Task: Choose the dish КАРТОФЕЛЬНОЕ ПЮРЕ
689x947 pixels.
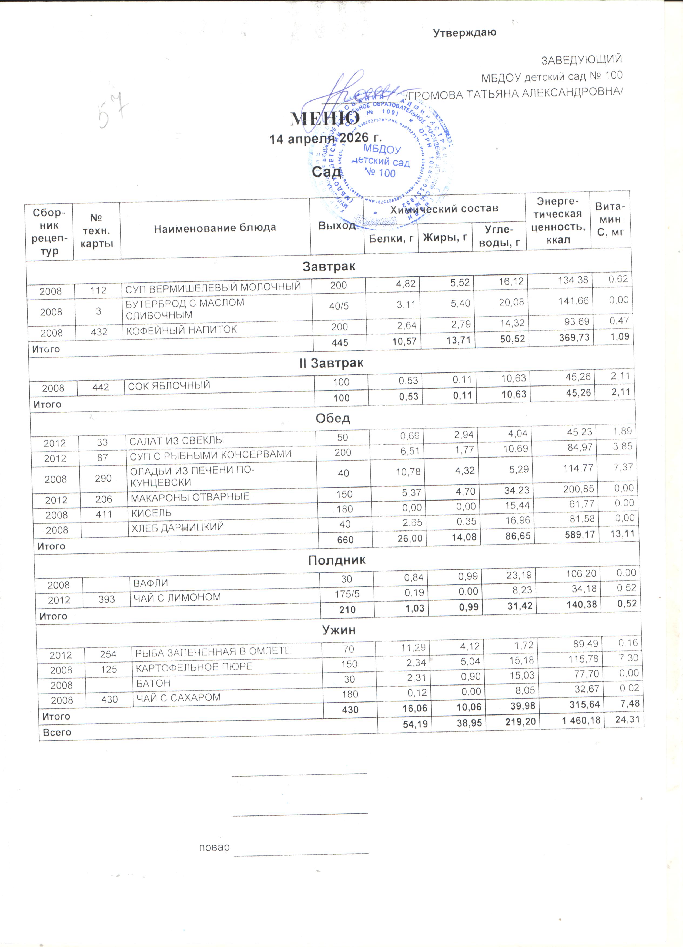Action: pos(194,667)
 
